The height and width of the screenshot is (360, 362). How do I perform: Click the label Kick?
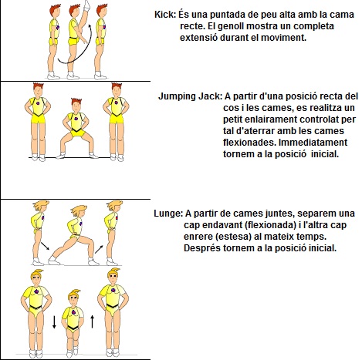(x=165, y=15)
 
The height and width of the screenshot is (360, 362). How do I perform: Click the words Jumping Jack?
(x=190, y=96)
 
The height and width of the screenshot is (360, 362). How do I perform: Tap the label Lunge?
(x=168, y=214)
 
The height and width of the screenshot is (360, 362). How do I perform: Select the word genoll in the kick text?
(x=232, y=26)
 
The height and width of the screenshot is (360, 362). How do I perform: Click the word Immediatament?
(x=313, y=143)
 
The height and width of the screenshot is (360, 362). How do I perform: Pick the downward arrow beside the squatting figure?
(x=54, y=322)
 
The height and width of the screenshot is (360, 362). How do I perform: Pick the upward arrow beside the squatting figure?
(x=93, y=322)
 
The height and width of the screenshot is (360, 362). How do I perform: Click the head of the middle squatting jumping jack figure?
(x=76, y=105)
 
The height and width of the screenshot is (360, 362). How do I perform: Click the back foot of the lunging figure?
(x=53, y=261)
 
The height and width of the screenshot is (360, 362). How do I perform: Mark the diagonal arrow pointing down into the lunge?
(x=45, y=246)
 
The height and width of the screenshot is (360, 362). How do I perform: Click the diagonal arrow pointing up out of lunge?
(x=99, y=250)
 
